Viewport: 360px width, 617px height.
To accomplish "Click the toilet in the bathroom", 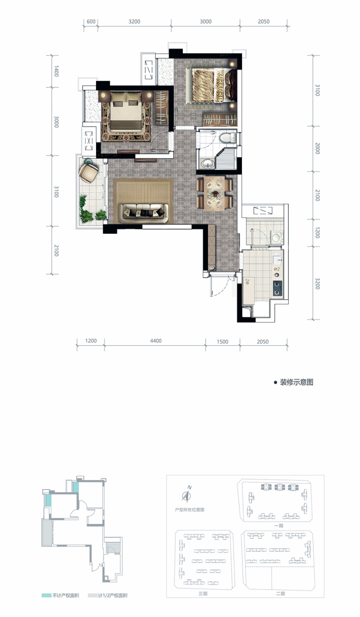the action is [x=229, y=137].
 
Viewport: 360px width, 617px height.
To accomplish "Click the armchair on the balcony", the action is [x=88, y=172].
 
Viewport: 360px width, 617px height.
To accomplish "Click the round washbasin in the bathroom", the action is [x=207, y=164].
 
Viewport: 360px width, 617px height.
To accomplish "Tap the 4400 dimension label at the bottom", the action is [x=156, y=341].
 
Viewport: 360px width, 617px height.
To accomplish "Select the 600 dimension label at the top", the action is [x=91, y=22].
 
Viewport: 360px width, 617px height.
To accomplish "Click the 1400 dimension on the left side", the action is [x=56, y=71].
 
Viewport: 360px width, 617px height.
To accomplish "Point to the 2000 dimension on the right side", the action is [x=317, y=149].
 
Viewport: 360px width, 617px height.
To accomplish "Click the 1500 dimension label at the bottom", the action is [x=222, y=342].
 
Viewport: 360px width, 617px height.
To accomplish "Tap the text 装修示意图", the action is [x=297, y=383].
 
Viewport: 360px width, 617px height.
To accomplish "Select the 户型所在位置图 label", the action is [x=189, y=510].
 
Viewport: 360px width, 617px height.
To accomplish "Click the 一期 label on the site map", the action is [x=279, y=526].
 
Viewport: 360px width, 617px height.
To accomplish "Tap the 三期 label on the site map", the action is [x=203, y=594].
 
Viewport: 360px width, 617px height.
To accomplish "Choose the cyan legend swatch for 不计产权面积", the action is [x=46, y=595].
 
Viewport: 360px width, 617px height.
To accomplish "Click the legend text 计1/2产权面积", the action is [x=113, y=595].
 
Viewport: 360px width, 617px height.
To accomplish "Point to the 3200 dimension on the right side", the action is [x=317, y=284].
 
